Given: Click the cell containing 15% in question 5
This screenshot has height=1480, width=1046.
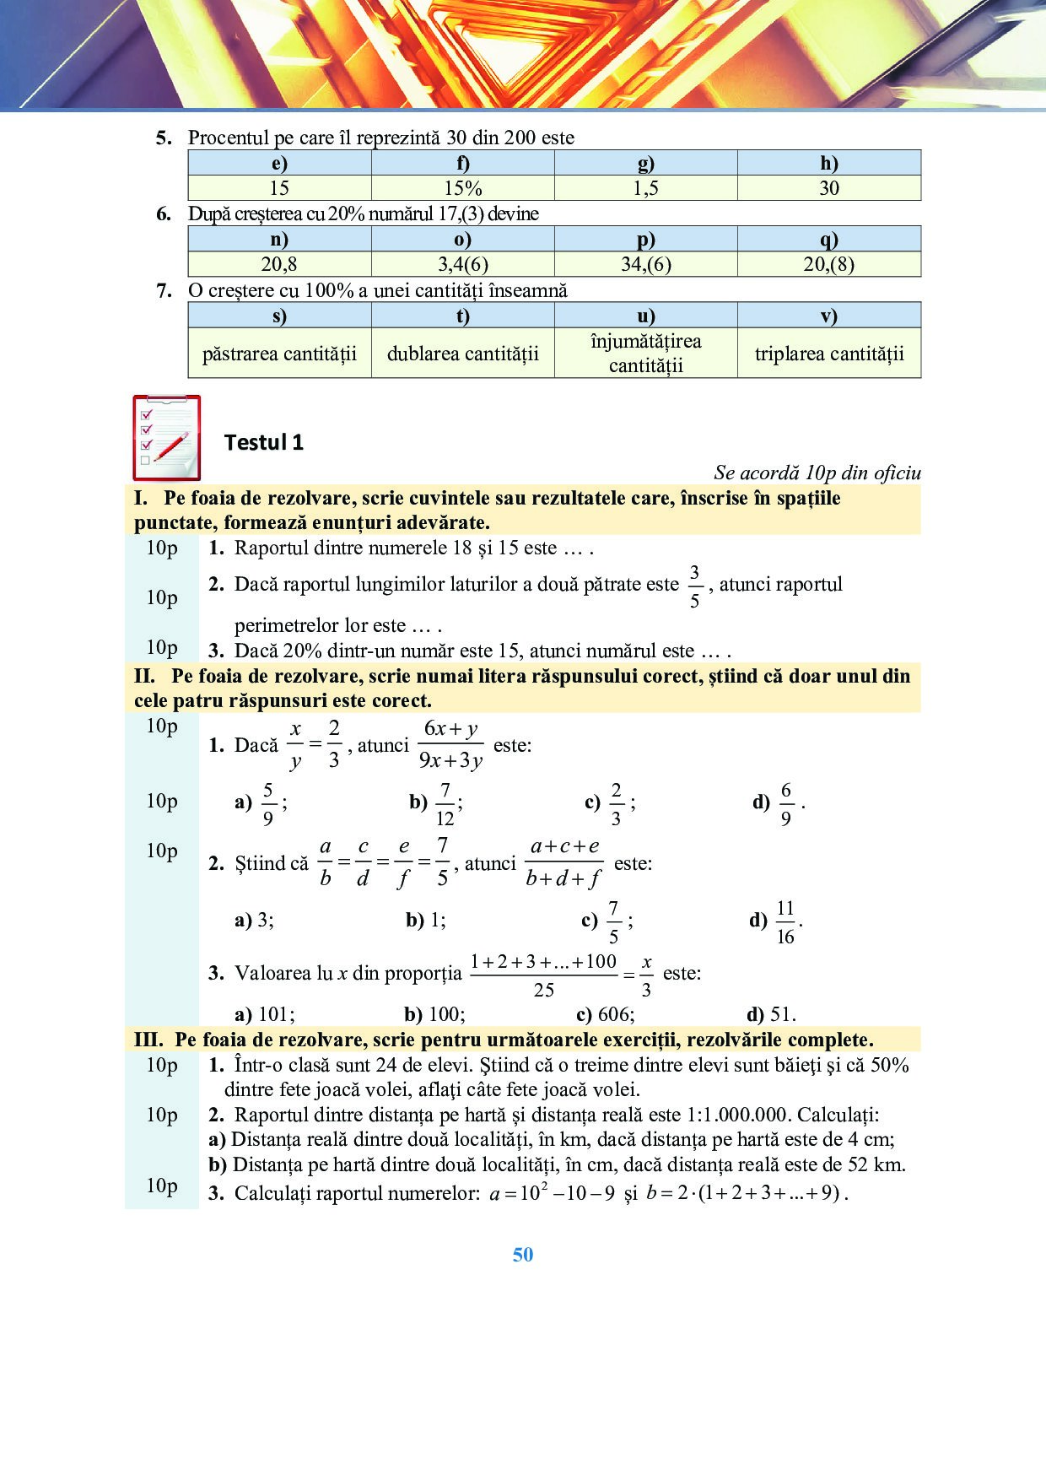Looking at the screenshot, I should coord(462,188).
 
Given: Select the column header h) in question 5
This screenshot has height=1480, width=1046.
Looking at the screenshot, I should coord(829,163).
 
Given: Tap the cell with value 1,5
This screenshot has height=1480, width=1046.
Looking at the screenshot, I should coord(645,188).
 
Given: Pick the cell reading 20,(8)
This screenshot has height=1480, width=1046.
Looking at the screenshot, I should coord(829,264).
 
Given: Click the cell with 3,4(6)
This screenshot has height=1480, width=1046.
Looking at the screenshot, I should coord(462,264).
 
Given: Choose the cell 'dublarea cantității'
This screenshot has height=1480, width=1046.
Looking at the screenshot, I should coord(462,354).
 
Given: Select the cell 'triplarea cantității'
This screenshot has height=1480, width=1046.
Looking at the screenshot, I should coord(829,354).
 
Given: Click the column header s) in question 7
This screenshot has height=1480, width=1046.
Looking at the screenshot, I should coord(279,316).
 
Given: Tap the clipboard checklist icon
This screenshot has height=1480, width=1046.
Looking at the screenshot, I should coord(167,437).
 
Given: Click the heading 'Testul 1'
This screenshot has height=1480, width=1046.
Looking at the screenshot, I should coord(263,442).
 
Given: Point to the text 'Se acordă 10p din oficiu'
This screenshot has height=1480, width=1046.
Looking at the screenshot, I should coord(817,473).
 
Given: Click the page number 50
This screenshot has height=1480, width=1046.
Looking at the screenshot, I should coord(523,1255).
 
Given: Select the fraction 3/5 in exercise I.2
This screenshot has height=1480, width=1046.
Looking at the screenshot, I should coord(694,586).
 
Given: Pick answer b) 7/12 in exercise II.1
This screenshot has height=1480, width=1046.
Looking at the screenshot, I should coord(436,803).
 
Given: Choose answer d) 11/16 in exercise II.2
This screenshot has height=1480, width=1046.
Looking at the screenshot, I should coord(777,921).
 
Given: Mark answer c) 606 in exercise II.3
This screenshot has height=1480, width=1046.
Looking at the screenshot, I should coord(605,1014).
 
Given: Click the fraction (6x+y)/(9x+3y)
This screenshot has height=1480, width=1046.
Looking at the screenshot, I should coord(450,744).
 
